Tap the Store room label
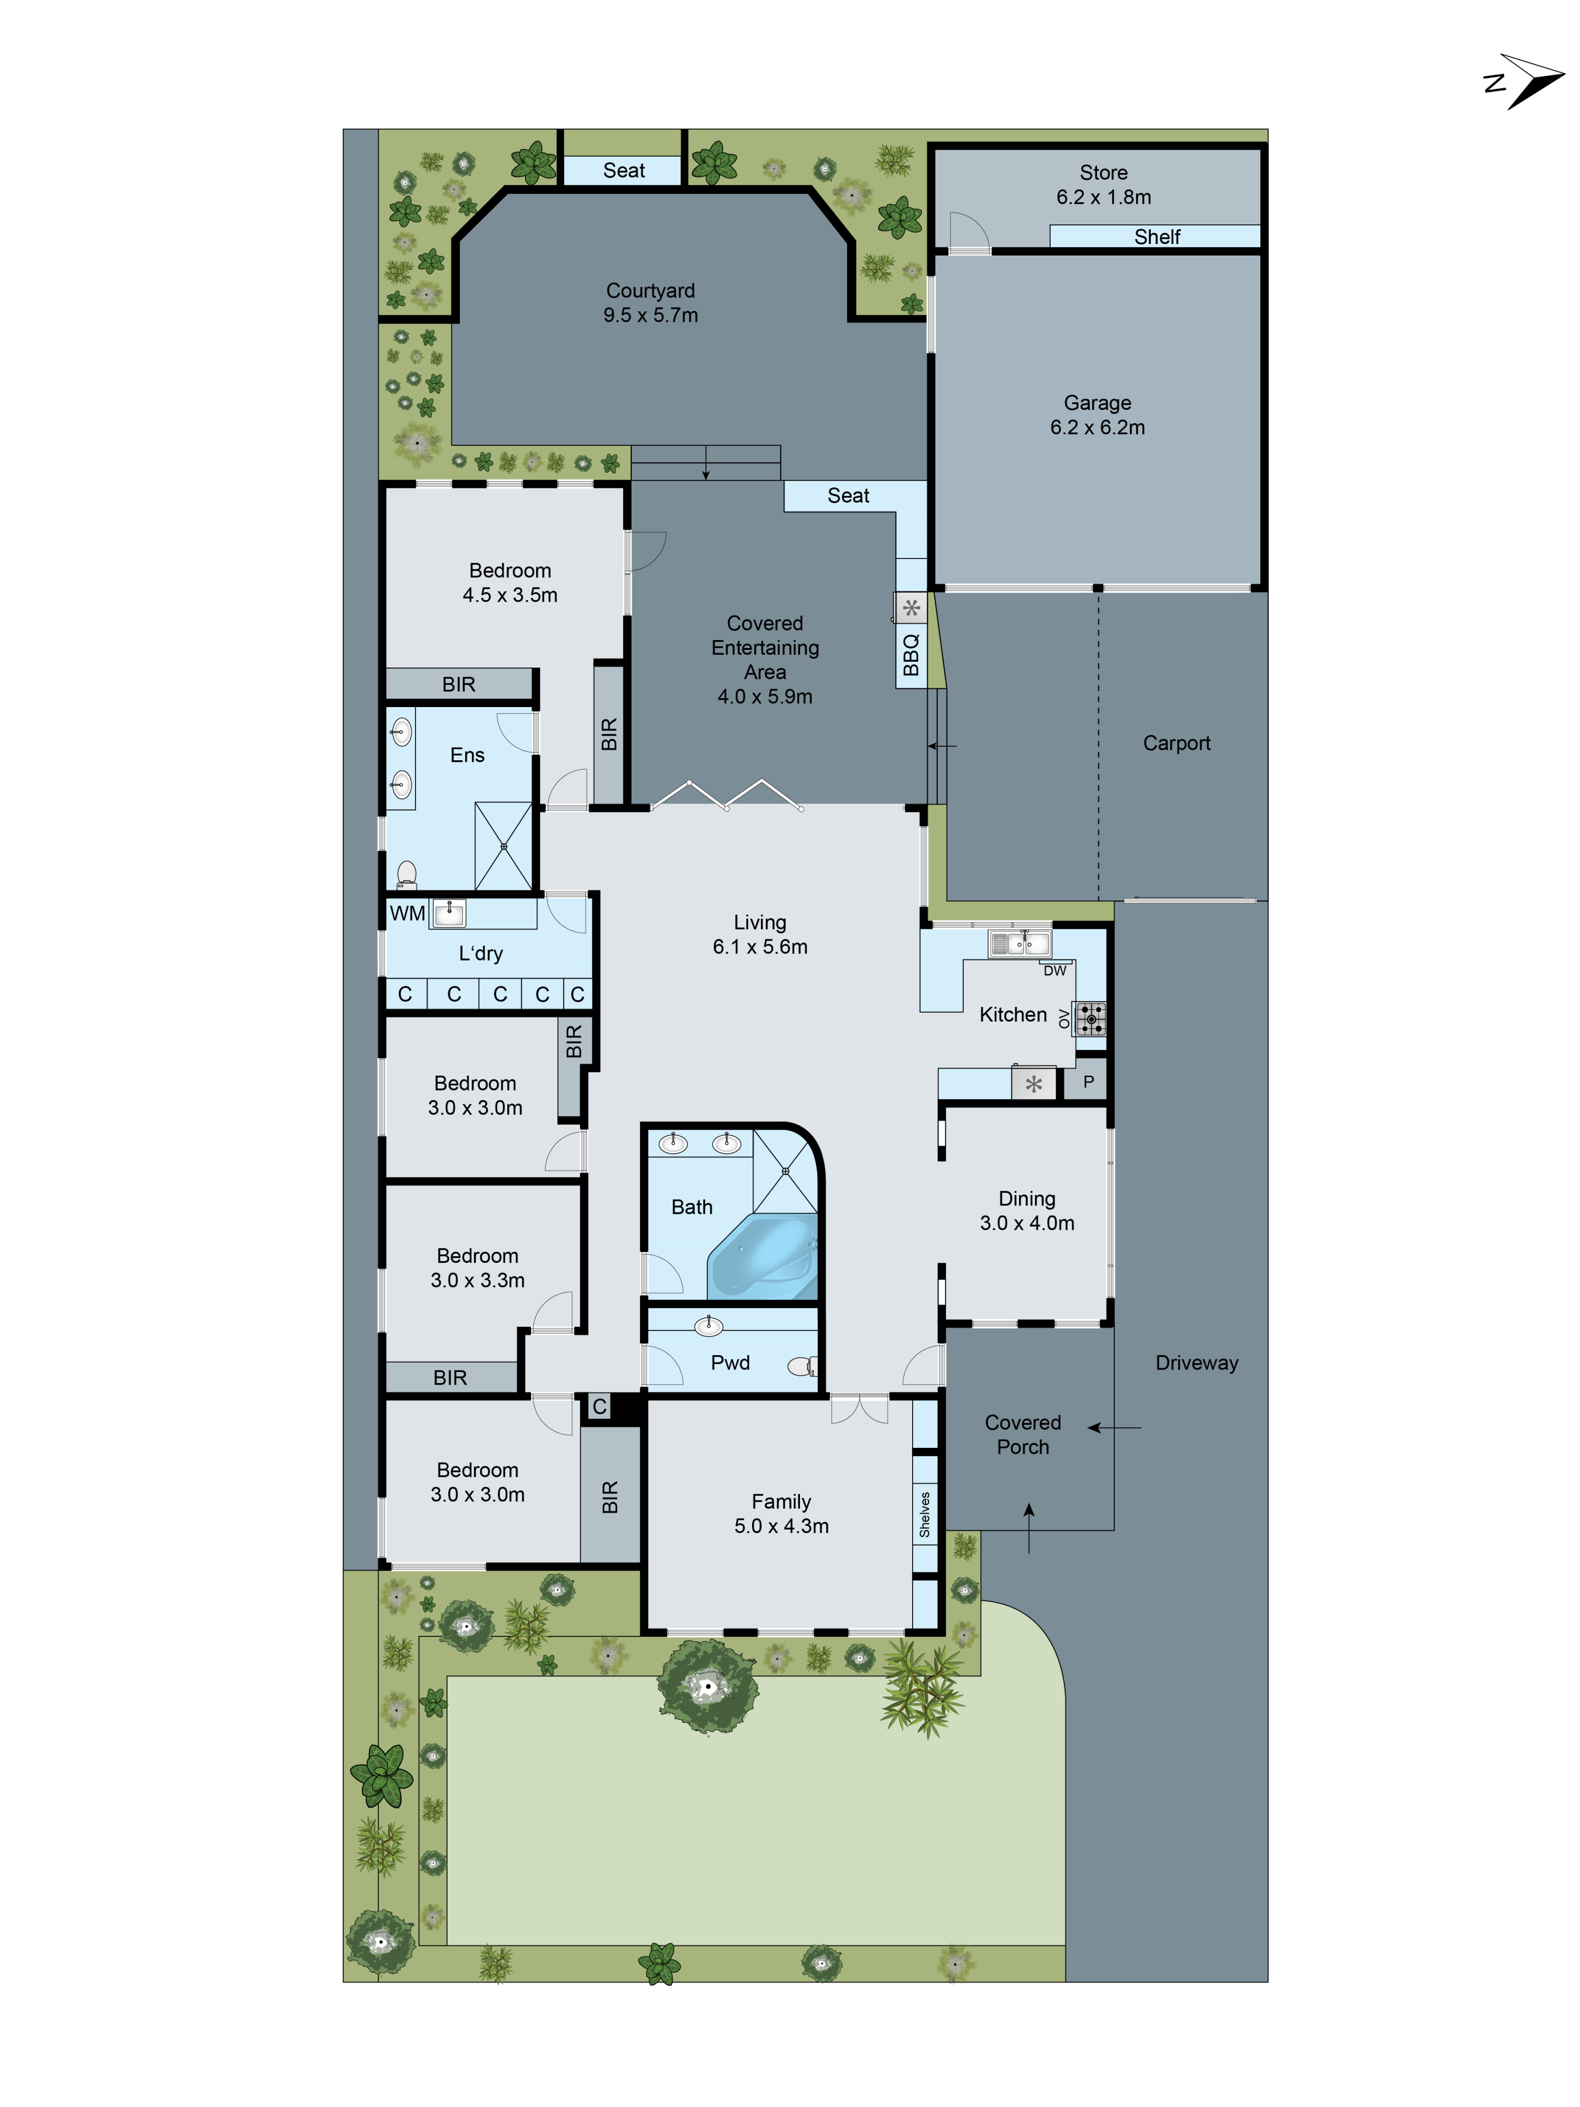click(x=1103, y=172)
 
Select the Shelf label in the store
click(x=1156, y=236)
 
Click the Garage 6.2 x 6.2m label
click(x=1097, y=415)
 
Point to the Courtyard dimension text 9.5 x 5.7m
click(x=650, y=315)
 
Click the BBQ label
click(x=911, y=654)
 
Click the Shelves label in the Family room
click(x=924, y=1515)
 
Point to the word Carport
click(x=1176, y=743)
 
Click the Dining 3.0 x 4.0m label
click(x=1026, y=1211)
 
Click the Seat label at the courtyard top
click(x=624, y=171)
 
